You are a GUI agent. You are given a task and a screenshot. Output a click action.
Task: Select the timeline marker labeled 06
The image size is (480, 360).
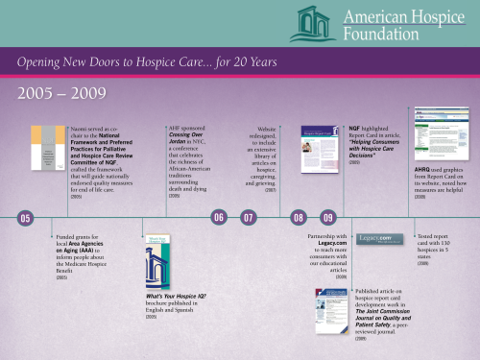(219, 218)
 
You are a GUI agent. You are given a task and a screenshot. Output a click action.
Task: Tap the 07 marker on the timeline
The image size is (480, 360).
(249, 218)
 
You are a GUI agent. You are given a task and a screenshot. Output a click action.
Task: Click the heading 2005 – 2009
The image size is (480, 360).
(54, 94)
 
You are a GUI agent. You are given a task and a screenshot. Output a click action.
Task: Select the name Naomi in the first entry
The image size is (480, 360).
(83, 127)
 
